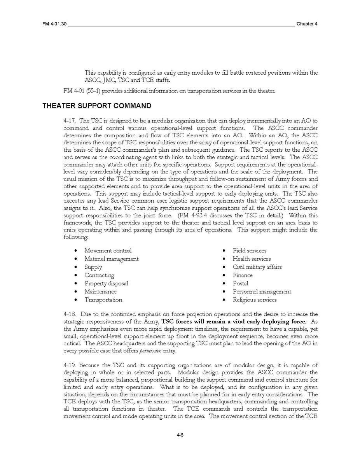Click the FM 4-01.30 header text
(x=55, y=24)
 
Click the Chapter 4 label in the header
(x=307, y=24)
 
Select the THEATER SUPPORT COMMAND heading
(x=97, y=106)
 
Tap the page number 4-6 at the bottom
(x=180, y=435)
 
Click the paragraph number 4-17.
(x=70, y=121)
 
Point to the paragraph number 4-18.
(x=70, y=314)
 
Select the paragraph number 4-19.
(x=70, y=365)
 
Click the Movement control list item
(x=108, y=251)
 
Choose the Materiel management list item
(x=112, y=259)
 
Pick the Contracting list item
(x=100, y=275)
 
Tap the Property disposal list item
(x=106, y=284)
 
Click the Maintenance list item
(x=100, y=292)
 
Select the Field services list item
(x=250, y=251)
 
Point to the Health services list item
(x=252, y=259)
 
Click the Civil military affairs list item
(x=257, y=267)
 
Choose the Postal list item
(x=240, y=284)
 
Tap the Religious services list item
(x=255, y=300)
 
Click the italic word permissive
(x=150, y=351)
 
